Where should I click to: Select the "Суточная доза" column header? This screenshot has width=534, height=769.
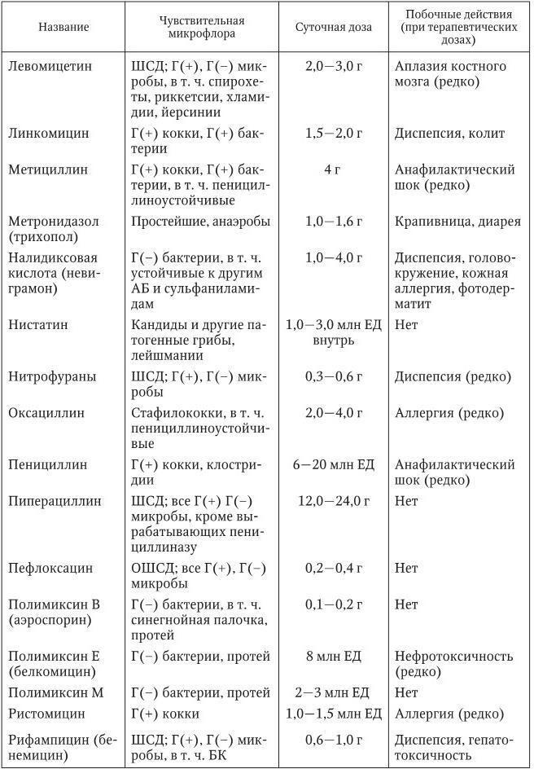tap(334, 26)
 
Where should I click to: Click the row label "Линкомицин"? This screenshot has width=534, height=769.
tap(49, 133)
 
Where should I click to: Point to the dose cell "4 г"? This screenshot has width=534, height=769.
tap(334, 170)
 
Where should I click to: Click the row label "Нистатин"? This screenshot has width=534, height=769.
tap(38, 324)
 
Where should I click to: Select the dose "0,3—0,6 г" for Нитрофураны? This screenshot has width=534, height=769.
tap(334, 376)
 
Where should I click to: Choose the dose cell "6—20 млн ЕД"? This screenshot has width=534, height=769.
tap(334, 464)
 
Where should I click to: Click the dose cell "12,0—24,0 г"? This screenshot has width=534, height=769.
tap(334, 501)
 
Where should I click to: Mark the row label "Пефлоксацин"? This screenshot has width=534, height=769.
tap(50, 568)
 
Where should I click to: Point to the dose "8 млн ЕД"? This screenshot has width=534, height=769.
tap(334, 657)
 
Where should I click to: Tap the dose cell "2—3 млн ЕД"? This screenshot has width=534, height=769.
tap(334, 693)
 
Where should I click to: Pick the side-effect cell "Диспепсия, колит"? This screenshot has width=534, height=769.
tap(450, 133)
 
